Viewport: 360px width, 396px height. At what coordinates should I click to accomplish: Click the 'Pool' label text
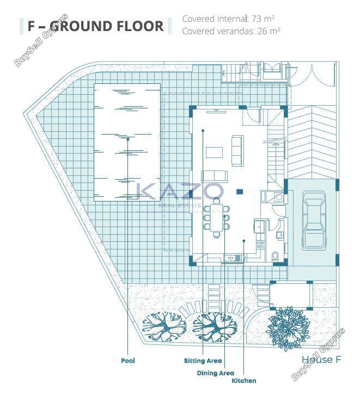(128, 361)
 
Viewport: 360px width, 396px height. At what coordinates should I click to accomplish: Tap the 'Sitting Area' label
(203, 361)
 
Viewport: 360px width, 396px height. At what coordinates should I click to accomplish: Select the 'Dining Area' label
(215, 373)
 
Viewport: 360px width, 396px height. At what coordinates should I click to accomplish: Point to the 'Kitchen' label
(244, 381)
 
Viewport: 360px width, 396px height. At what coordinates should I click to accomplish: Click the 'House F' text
(321, 360)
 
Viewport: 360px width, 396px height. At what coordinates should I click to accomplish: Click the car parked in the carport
(314, 221)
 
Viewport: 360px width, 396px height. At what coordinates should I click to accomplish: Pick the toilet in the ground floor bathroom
(275, 256)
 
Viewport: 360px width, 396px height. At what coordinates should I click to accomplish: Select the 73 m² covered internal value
(263, 19)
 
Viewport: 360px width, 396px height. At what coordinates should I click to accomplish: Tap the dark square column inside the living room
(240, 192)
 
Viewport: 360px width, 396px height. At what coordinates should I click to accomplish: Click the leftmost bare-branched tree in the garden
(164, 327)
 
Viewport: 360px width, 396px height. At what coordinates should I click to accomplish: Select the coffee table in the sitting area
(215, 153)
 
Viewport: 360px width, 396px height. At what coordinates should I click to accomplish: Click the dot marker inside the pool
(128, 139)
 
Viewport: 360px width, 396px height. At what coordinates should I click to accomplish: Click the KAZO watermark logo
(180, 191)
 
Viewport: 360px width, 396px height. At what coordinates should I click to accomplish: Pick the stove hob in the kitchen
(260, 245)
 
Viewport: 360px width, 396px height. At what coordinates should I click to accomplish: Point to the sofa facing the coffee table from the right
(238, 150)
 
